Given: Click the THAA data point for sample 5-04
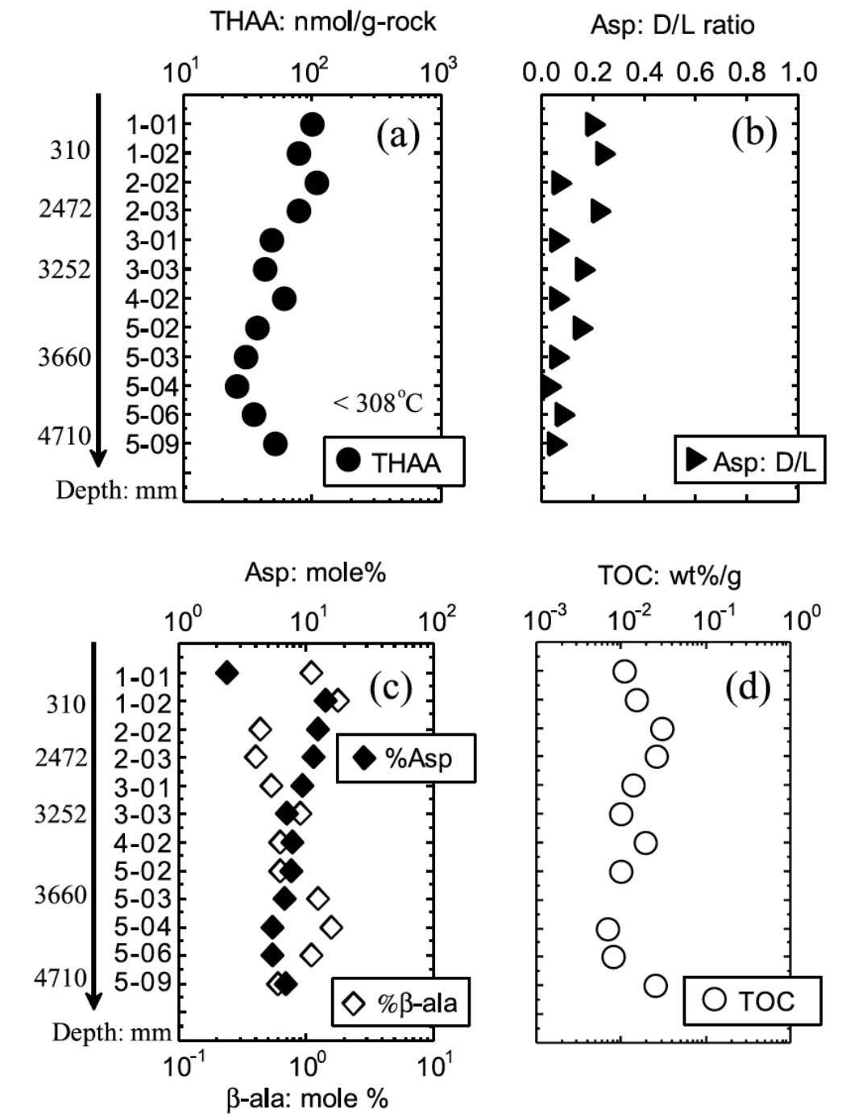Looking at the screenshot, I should (x=237, y=386).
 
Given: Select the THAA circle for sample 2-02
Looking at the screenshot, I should (x=317, y=183).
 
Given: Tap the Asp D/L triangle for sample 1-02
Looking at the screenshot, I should (x=605, y=154).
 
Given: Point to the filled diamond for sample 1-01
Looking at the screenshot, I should (x=227, y=672).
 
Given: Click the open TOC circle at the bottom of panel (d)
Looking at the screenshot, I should (x=656, y=985).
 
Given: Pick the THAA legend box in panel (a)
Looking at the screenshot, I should (x=393, y=462).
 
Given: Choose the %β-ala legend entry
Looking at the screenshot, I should (x=400, y=1003).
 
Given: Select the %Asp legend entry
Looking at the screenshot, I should (x=405, y=758).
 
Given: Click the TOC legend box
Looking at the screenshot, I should (x=752, y=1000).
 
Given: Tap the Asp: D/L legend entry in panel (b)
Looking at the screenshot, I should (x=749, y=460).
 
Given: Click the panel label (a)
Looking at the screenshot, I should (x=398, y=135).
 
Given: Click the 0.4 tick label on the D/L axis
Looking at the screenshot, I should (x=645, y=72).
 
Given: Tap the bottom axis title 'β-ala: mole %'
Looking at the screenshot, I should (x=307, y=1098).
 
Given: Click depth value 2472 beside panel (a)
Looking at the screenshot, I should (x=64, y=209).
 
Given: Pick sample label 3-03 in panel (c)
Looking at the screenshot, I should (x=140, y=814).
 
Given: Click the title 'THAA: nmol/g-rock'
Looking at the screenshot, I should (x=323, y=21).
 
